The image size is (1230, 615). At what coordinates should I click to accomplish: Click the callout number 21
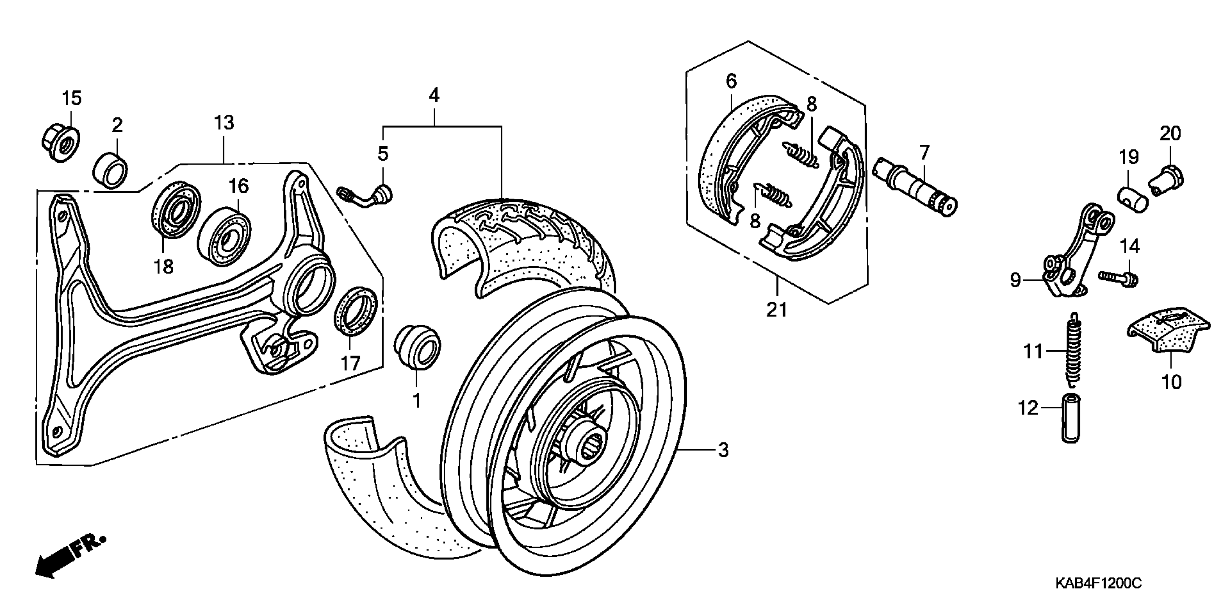(x=776, y=310)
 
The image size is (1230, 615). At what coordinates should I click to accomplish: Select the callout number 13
(x=224, y=123)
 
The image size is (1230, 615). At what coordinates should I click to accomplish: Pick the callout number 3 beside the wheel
(x=723, y=450)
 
